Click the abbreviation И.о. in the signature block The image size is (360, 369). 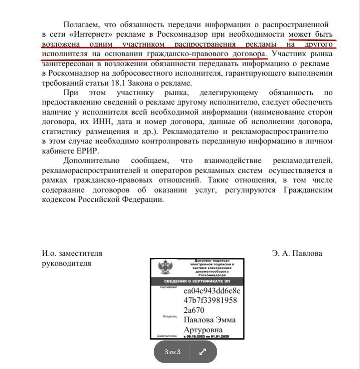pyautogui.click(x=50, y=253)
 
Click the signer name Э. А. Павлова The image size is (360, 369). pyautogui.click(x=297, y=253)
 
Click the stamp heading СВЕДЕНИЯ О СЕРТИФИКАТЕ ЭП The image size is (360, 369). pyautogui.click(x=197, y=282)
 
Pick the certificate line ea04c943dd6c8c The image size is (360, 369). pyautogui.click(x=211, y=290)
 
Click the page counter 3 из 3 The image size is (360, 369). pyautogui.click(x=173, y=352)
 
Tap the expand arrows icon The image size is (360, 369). pyautogui.click(x=203, y=352)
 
